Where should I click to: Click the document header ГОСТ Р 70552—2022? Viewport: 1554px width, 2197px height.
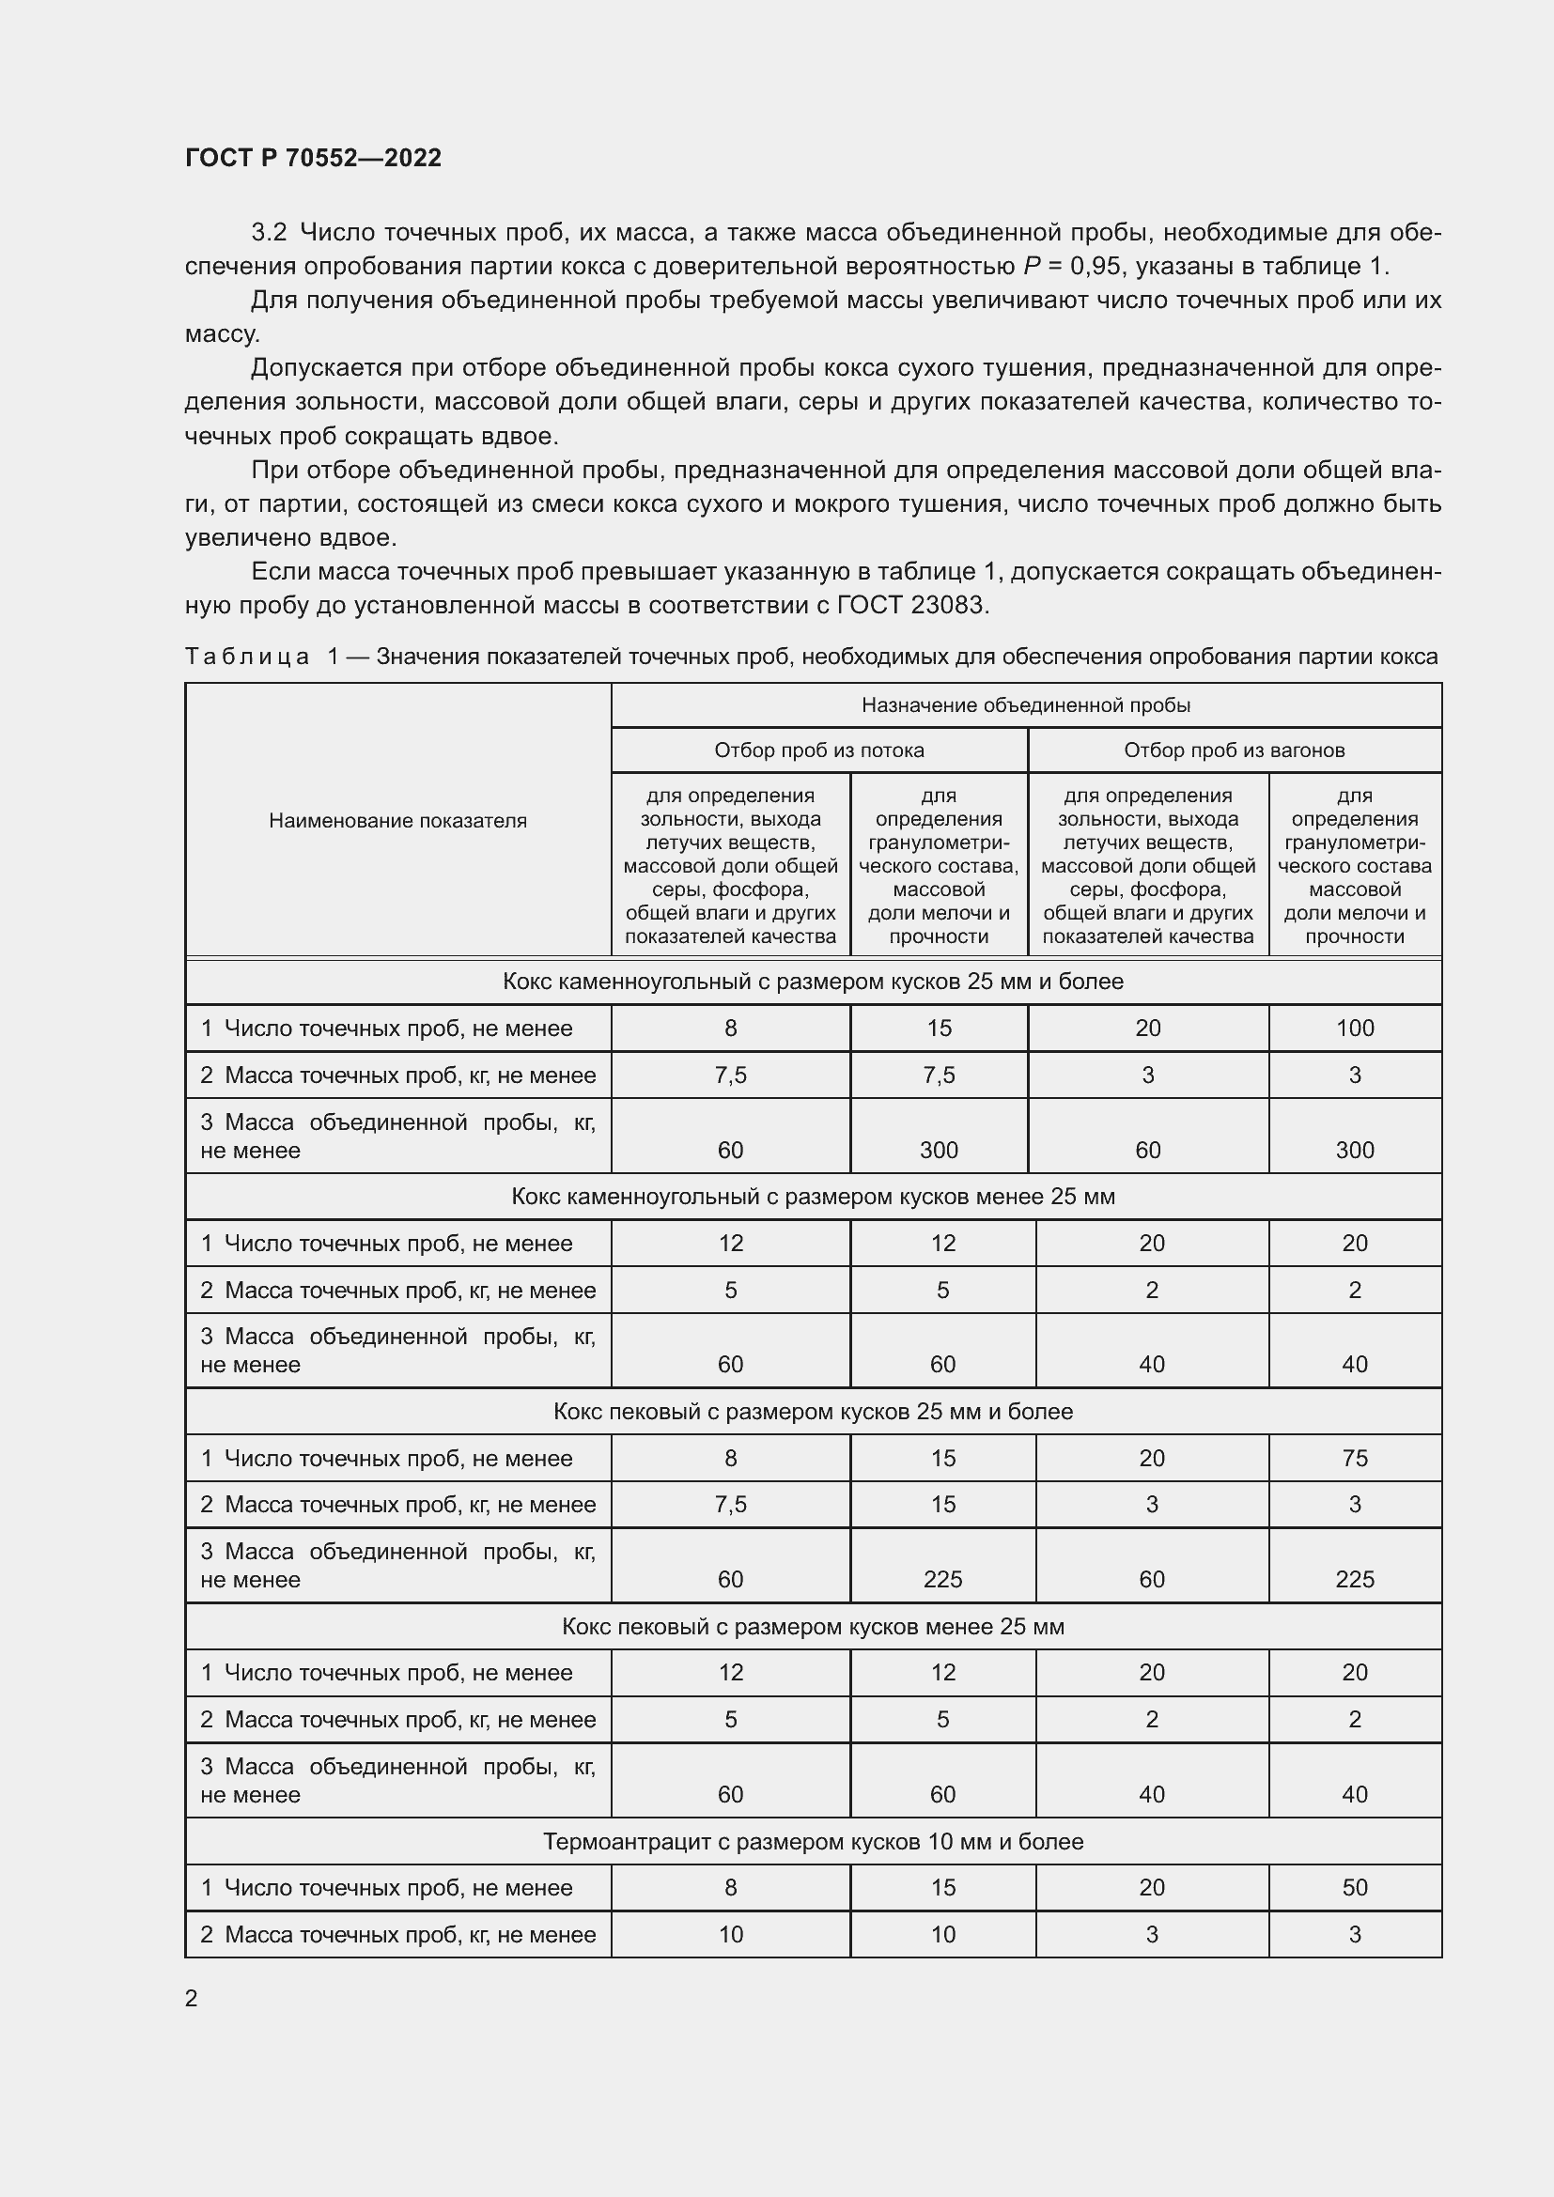[x=313, y=158]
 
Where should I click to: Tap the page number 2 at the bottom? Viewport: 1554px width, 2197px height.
[x=192, y=1999]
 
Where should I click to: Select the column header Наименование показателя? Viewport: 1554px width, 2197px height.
[x=397, y=820]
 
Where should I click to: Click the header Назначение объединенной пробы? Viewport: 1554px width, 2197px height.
[x=1025, y=705]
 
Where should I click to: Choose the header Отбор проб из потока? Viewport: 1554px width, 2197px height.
[x=819, y=750]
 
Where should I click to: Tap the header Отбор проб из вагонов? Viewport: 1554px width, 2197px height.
[x=1234, y=750]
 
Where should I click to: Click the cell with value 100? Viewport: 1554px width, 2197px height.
[x=1354, y=1028]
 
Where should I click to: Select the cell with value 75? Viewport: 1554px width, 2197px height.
[x=1354, y=1459]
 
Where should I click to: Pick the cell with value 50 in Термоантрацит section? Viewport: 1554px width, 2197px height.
[x=1354, y=1888]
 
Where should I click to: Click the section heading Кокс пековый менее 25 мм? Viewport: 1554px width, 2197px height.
[x=813, y=1627]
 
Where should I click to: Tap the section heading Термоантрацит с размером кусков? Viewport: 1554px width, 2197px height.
[x=813, y=1842]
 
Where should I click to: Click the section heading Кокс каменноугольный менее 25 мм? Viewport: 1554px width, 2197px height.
[x=813, y=1197]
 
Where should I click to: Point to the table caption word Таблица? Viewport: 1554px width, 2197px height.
[x=247, y=657]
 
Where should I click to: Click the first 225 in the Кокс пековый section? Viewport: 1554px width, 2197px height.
[x=942, y=1580]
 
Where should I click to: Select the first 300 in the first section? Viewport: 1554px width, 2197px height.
[x=938, y=1151]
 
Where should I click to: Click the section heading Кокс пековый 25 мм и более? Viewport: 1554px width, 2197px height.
[x=813, y=1412]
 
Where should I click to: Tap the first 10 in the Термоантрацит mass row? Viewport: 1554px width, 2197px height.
[x=730, y=1935]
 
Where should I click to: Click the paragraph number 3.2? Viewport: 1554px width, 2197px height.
[x=269, y=233]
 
